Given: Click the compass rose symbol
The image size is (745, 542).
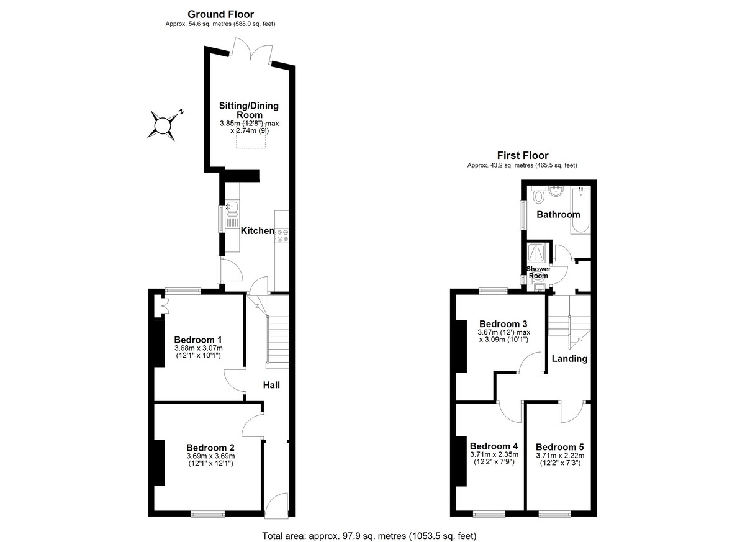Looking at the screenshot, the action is pyautogui.click(x=163, y=125).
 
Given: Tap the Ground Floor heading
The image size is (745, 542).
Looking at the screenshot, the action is pyautogui.click(x=220, y=14).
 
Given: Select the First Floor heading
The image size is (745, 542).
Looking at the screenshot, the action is pyautogui.click(x=523, y=155).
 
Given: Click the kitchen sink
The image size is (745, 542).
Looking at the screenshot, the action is pyautogui.click(x=232, y=206).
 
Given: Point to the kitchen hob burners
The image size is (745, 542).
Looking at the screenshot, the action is pyautogui.click(x=282, y=236).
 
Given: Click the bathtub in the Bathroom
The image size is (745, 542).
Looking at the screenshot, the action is pyautogui.click(x=580, y=210).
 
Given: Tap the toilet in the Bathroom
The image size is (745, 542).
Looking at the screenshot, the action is pyautogui.click(x=538, y=194).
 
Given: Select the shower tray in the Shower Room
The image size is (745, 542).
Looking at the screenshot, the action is pyautogui.click(x=537, y=253).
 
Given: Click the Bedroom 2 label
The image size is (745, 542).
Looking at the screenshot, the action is pyautogui.click(x=210, y=448).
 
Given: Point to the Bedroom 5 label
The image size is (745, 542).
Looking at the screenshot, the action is pyautogui.click(x=560, y=447).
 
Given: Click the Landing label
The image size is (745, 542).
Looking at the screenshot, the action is pyautogui.click(x=569, y=358).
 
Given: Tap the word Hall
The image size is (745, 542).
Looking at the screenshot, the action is pyautogui.click(x=271, y=385).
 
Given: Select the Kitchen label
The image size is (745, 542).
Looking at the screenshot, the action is pyautogui.click(x=258, y=231).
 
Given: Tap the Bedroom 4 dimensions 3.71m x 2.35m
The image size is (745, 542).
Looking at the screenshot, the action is pyautogui.click(x=494, y=454).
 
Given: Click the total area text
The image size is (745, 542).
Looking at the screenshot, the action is pyautogui.click(x=369, y=536).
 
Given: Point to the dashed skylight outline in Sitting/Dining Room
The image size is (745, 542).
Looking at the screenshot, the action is pyautogui.click(x=251, y=137).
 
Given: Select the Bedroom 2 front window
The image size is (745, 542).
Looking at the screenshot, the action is pyautogui.click(x=208, y=515).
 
